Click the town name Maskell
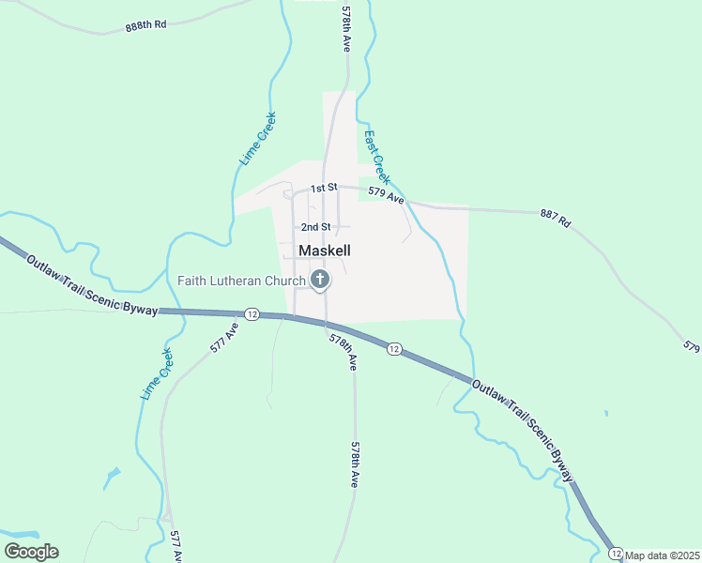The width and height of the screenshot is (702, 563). pyautogui.click(x=325, y=251)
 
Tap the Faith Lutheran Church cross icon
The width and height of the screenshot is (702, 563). pyautogui.click(x=320, y=279)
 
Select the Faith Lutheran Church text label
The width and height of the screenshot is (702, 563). pyautogui.click(x=242, y=281)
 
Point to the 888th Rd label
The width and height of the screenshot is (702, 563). pyautogui.click(x=145, y=26)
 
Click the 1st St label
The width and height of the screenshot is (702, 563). pyautogui.click(x=324, y=189)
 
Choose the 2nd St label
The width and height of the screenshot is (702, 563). pyautogui.click(x=315, y=227)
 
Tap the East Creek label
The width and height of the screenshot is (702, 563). pyautogui.click(x=376, y=157)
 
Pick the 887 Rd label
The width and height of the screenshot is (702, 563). pyautogui.click(x=555, y=220)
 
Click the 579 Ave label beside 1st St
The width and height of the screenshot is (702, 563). pyautogui.click(x=386, y=196)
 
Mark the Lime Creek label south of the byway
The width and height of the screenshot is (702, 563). pyautogui.click(x=157, y=375)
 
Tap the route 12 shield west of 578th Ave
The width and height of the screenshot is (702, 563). pyautogui.click(x=252, y=313)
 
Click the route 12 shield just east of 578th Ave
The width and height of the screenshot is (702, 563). pyautogui.click(x=394, y=349)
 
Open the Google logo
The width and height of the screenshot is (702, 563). pyautogui.click(x=31, y=552)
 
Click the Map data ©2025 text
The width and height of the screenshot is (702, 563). pyautogui.click(x=663, y=555)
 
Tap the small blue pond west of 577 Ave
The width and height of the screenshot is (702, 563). pyautogui.click(x=112, y=478)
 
